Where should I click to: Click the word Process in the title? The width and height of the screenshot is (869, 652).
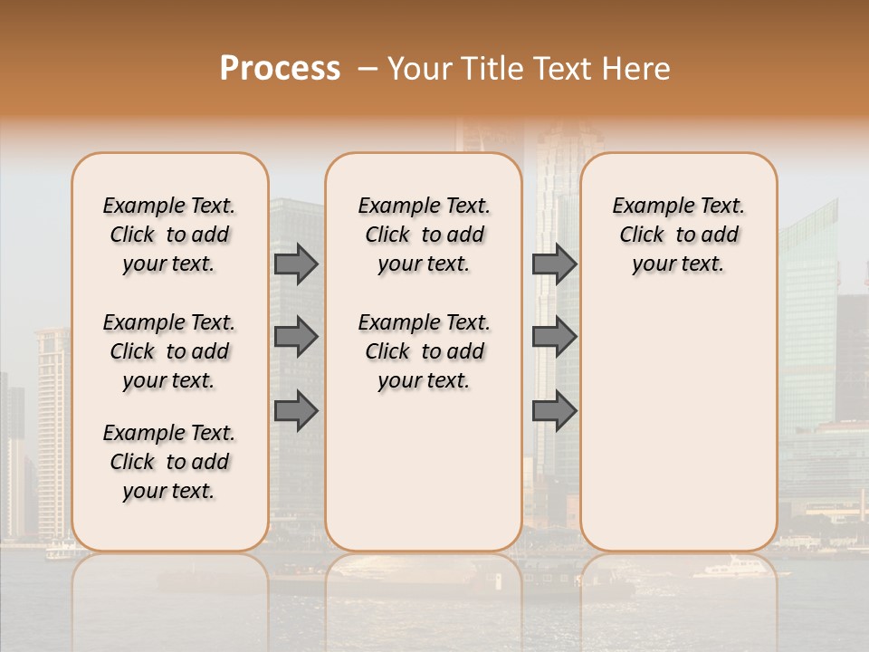[x=280, y=69]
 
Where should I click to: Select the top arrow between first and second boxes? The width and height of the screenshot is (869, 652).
[x=296, y=264]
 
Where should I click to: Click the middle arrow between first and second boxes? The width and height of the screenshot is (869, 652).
[x=296, y=337]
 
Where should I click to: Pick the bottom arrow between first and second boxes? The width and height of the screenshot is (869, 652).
[x=296, y=410]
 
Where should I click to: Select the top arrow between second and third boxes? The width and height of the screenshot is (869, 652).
[x=554, y=264]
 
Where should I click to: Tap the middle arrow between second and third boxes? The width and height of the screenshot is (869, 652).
[x=554, y=337]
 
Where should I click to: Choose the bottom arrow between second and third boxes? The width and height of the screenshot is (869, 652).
[x=554, y=410]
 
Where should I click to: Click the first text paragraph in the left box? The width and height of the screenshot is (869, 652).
[x=169, y=235]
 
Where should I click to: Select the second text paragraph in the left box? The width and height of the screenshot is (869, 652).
[x=169, y=351]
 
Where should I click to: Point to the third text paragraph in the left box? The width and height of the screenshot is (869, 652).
[x=169, y=462]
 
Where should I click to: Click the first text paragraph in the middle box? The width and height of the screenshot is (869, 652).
[x=424, y=235]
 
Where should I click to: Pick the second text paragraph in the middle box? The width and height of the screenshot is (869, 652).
[x=424, y=351]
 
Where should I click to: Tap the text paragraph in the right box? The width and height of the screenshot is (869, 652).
[x=678, y=235]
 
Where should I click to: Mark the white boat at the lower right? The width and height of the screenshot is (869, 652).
[x=733, y=569]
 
